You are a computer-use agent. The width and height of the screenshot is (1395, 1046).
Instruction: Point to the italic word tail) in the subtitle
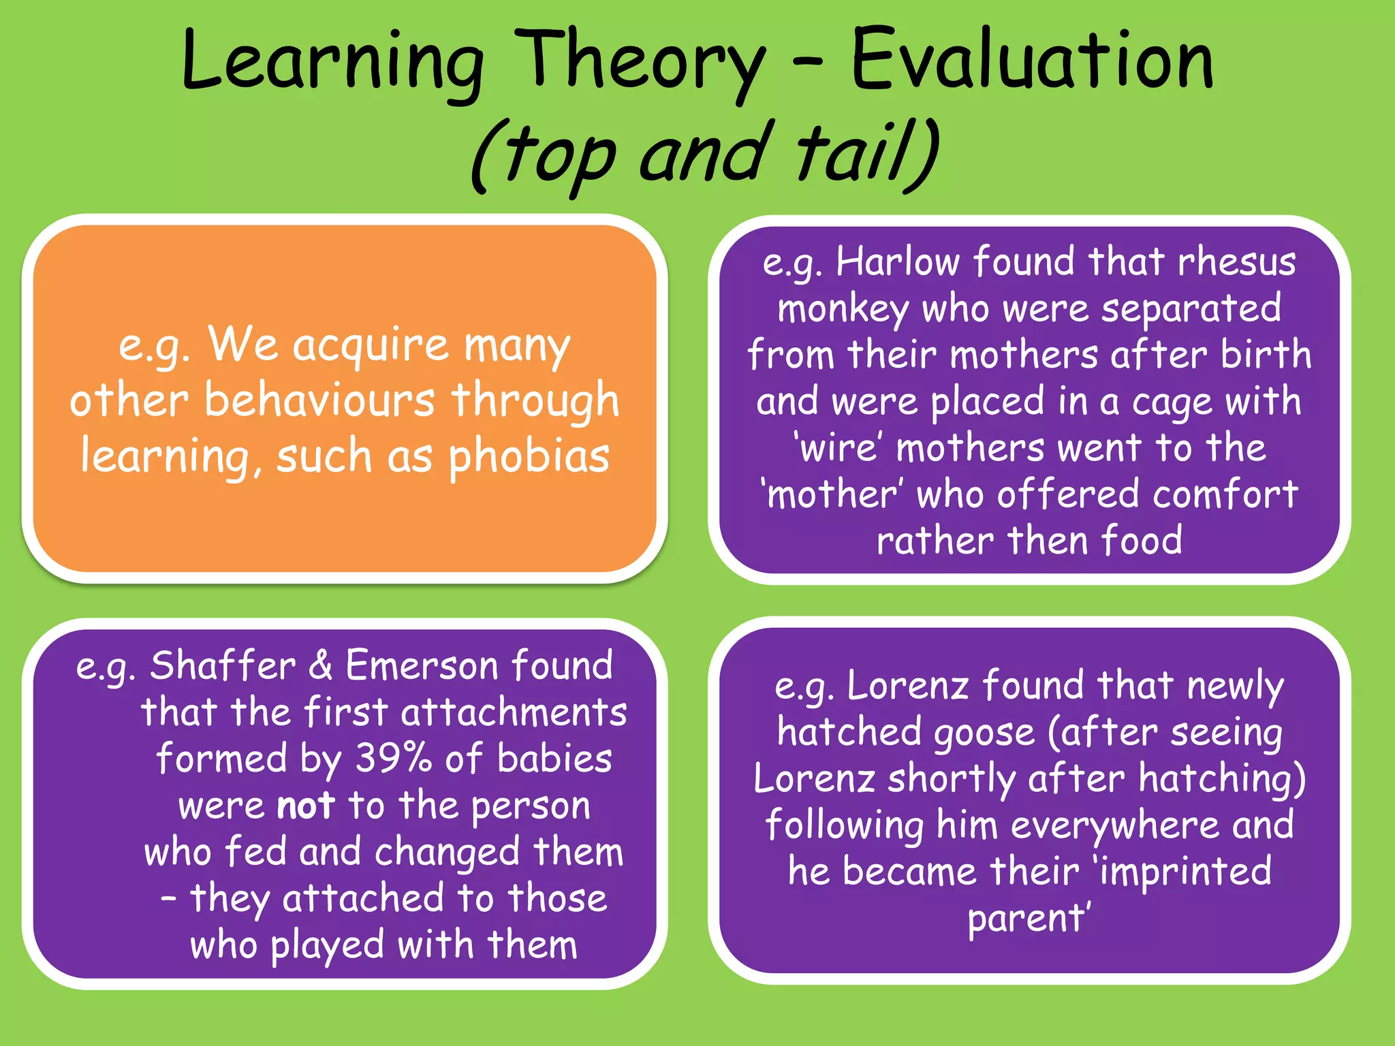tap(868, 153)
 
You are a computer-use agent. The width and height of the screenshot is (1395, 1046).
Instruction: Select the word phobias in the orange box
tap(529, 456)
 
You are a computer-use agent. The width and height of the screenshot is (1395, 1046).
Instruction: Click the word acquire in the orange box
tap(371, 346)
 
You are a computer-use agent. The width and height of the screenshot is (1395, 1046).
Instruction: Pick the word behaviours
tap(319, 400)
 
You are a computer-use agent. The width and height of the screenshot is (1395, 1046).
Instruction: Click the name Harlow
tap(898, 261)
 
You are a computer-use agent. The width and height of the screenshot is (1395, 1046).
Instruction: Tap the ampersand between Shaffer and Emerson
tap(320, 665)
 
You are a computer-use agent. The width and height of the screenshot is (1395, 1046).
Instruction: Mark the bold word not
tap(305, 806)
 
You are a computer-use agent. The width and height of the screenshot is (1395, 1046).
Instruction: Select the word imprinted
tap(1185, 872)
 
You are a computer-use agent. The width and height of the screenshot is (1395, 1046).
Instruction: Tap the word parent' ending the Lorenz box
tap(1029, 919)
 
